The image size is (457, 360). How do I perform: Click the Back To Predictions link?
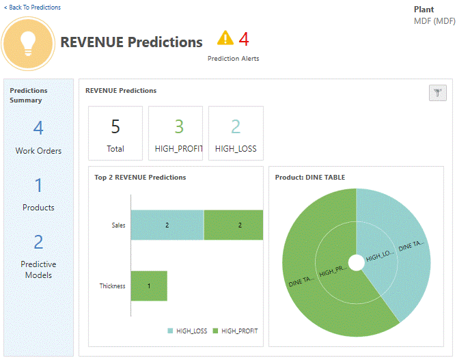click(x=32, y=8)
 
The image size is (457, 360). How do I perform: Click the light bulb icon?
click(x=28, y=43)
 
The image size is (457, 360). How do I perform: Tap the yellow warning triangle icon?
click(x=225, y=38)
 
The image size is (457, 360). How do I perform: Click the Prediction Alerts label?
click(x=233, y=59)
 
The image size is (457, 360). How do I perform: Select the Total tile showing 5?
click(x=115, y=133)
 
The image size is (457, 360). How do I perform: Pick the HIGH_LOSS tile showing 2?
click(x=236, y=133)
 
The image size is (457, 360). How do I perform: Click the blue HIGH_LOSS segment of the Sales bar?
click(x=167, y=225)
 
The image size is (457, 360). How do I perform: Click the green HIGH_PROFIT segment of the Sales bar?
click(x=233, y=225)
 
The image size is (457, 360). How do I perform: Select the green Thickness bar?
click(x=149, y=286)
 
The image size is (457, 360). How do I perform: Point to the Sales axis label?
click(x=118, y=225)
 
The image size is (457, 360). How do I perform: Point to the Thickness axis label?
click(x=112, y=286)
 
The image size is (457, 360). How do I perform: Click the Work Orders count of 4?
click(x=38, y=128)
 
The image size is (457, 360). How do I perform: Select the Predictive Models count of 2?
click(x=38, y=242)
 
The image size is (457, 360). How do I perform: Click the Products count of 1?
click(x=38, y=185)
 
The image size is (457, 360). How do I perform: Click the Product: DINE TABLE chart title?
click(x=309, y=178)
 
